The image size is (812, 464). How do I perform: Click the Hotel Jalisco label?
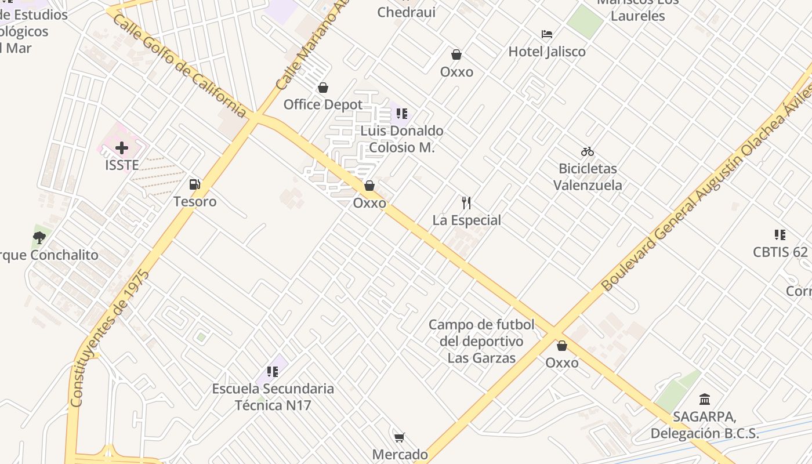point(547,52)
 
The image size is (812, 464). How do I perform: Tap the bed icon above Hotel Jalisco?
point(547,34)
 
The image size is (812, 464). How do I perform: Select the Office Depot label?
point(322,104)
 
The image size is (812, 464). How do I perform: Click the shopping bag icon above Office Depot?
point(323,88)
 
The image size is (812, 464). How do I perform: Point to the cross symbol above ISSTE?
point(122,148)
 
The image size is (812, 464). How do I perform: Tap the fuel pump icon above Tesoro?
point(195,184)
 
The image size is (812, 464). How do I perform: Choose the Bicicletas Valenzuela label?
point(588,177)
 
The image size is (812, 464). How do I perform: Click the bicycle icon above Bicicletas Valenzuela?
point(588,152)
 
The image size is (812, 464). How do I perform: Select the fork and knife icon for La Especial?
point(466,202)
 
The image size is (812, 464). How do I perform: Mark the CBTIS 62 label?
point(780,252)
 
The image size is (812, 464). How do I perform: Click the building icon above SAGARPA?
point(705,399)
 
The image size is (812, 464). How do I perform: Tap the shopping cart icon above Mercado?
point(399,437)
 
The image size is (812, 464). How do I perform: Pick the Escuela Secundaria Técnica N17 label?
point(273,397)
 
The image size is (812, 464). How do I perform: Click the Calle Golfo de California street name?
point(180,65)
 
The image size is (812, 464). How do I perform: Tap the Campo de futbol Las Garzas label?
point(481,341)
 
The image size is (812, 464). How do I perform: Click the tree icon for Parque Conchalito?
point(39,237)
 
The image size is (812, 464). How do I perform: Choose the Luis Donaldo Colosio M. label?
point(402,139)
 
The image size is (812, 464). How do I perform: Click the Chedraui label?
point(406,12)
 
